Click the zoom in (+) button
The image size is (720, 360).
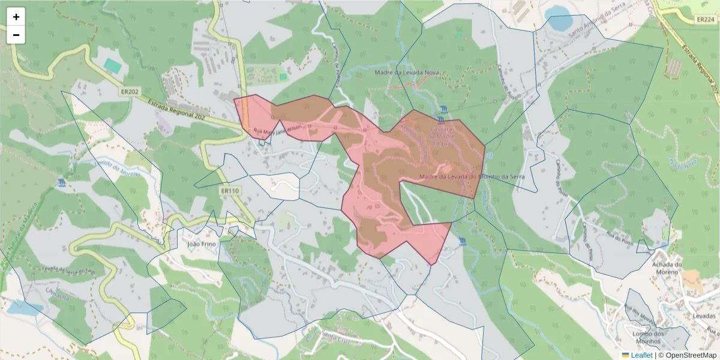pyautogui.click(x=16, y=17)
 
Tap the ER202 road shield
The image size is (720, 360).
pyautogui.click(x=129, y=91)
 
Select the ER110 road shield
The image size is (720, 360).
pyautogui.click(x=230, y=191)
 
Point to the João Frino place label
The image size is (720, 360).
pyautogui.click(x=200, y=244)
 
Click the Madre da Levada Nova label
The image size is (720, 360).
pyautogui.click(x=407, y=73)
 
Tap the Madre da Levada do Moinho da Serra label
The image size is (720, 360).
pyautogui.click(x=469, y=176)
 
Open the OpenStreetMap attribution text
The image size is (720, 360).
pyautogui.click(x=688, y=355)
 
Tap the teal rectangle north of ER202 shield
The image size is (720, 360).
pyautogui.click(x=112, y=65)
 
